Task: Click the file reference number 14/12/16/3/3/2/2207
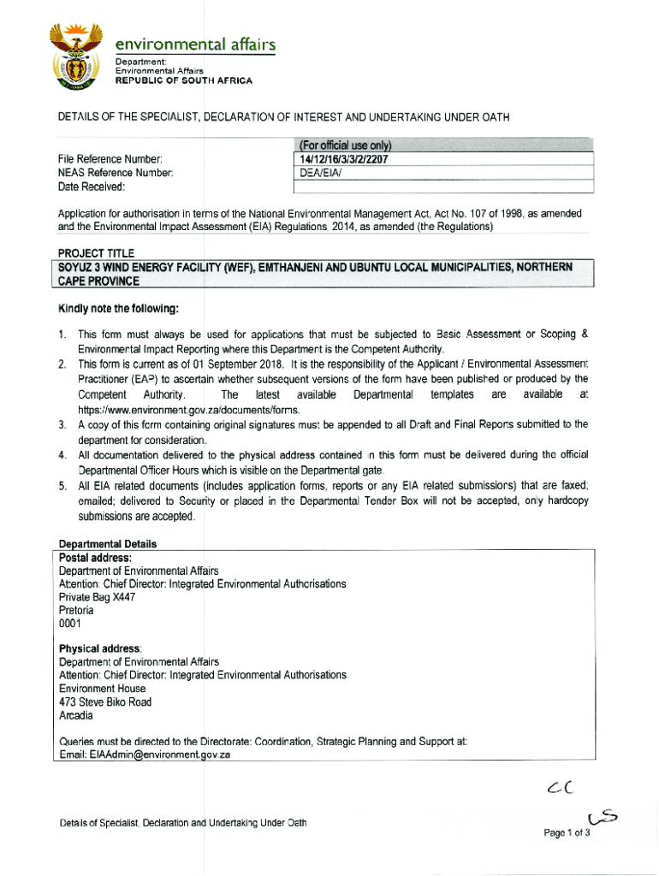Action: (x=345, y=158)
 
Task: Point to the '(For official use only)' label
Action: (x=345, y=145)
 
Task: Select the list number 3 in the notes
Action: (x=62, y=424)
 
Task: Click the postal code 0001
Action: (x=70, y=624)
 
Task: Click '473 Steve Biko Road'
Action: (x=105, y=702)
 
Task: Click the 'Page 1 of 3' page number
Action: (x=567, y=833)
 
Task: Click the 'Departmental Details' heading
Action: (x=108, y=544)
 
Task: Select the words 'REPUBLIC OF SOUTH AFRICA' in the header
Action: (x=184, y=80)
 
